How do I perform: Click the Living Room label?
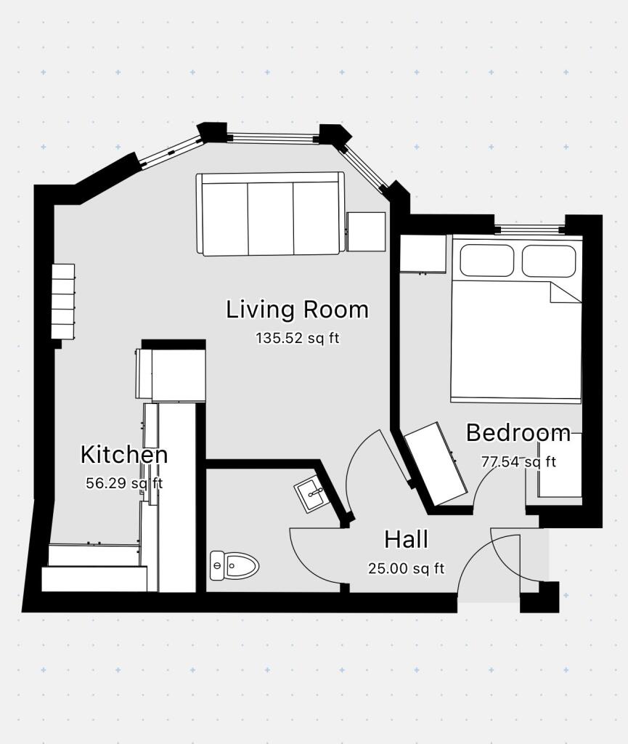point(297,310)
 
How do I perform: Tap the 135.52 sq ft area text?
point(297,338)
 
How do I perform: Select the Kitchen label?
point(124,455)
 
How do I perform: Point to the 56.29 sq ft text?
point(124,483)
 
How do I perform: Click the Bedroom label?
point(518,433)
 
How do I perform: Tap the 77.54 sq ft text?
point(518,461)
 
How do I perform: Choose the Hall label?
point(406,540)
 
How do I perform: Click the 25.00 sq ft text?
point(406,569)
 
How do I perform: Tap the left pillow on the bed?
point(487,261)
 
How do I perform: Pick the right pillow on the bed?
point(549,261)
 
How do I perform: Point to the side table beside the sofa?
point(366,232)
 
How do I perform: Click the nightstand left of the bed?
point(423,254)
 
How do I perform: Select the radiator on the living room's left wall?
point(63,301)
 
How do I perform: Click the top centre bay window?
point(273,137)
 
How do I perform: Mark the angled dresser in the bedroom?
point(436,464)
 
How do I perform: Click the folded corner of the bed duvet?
point(564,292)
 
